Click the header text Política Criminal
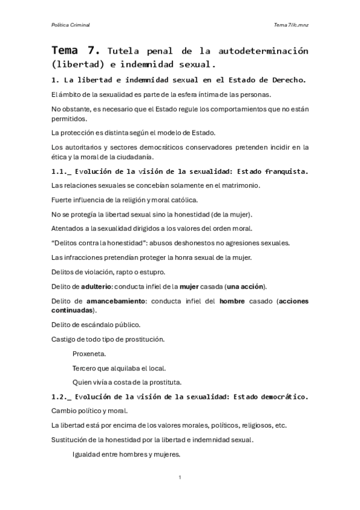(71, 24)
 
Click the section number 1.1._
(61, 171)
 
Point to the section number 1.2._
(61, 396)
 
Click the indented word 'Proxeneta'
(91, 353)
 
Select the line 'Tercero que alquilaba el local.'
(119, 367)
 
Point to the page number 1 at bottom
(180, 478)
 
